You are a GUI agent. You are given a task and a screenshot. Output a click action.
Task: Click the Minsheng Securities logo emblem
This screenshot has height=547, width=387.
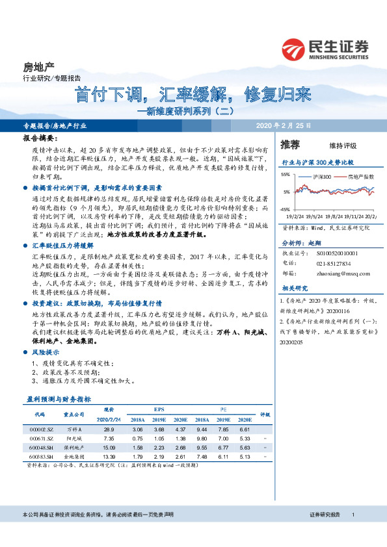click(293, 47)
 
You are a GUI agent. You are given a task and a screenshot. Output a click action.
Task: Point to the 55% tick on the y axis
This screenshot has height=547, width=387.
click(286, 175)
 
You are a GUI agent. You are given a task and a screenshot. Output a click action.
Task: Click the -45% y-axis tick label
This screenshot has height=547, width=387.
click(286, 209)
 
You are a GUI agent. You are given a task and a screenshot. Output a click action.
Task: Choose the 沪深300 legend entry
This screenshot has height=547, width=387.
click(321, 176)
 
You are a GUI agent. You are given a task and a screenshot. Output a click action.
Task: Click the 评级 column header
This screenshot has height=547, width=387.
click(265, 414)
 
